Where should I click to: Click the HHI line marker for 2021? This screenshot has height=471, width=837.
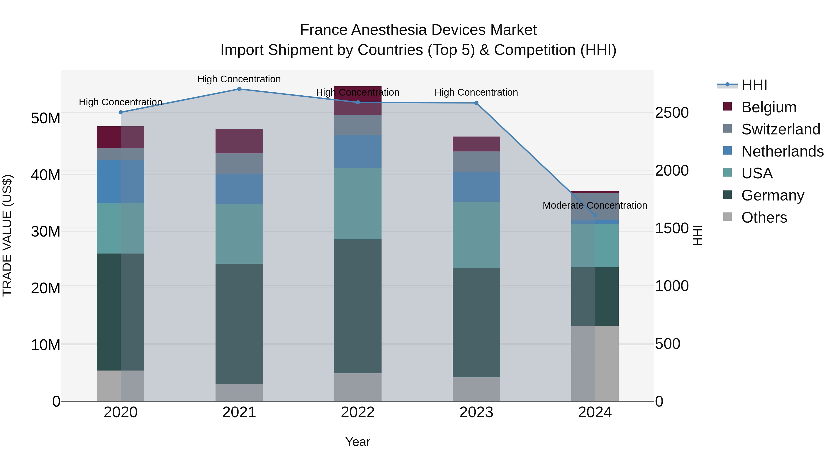click(x=239, y=89)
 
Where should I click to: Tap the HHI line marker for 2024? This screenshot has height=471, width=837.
click(x=595, y=215)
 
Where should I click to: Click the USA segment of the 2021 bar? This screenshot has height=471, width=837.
click(x=239, y=234)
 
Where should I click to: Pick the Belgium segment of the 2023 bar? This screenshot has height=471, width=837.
click(x=476, y=144)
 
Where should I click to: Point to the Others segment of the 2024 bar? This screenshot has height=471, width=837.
click(x=595, y=363)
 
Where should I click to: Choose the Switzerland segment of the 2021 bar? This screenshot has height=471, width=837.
click(x=239, y=164)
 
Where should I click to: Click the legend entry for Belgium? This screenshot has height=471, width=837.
click(x=769, y=107)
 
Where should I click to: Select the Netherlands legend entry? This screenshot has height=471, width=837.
click(x=782, y=151)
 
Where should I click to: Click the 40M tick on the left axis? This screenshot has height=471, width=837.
click(x=46, y=175)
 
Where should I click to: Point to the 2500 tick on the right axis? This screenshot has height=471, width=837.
click(x=672, y=113)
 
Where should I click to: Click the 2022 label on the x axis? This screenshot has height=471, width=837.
click(x=358, y=412)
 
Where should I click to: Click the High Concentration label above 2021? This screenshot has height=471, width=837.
click(x=239, y=79)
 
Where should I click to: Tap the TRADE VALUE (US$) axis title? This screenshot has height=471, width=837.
click(x=7, y=235)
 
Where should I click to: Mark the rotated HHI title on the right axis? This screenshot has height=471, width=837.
click(x=697, y=235)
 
